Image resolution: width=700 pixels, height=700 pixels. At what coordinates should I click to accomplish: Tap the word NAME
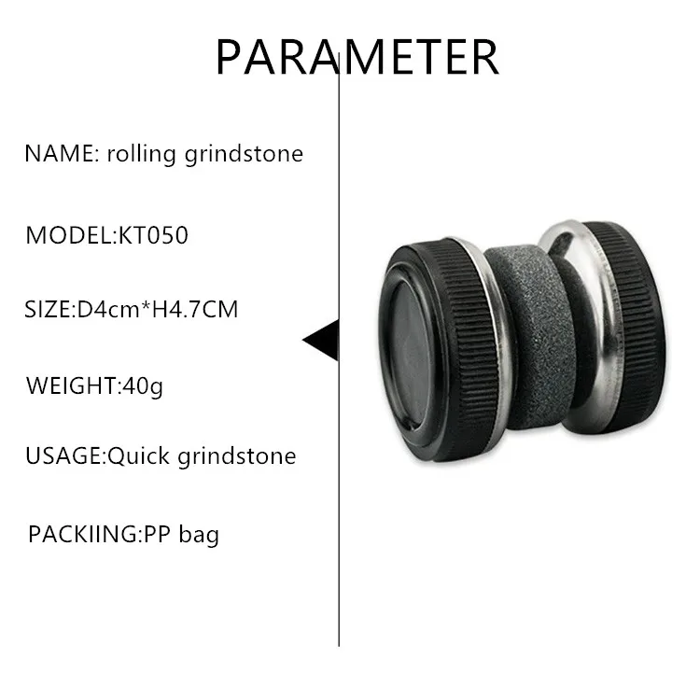[x=58, y=154]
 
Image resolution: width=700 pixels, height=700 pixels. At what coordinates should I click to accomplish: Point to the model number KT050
[x=153, y=235]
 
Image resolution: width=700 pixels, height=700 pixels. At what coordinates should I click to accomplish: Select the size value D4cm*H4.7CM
[x=156, y=309]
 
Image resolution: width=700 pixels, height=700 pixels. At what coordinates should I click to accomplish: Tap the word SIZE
[x=46, y=309]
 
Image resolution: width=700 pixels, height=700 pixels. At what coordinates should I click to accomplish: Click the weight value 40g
[x=143, y=385]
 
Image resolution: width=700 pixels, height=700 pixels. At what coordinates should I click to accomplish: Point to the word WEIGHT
[x=70, y=385]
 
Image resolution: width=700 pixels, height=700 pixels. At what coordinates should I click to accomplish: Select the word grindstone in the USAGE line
[x=237, y=456]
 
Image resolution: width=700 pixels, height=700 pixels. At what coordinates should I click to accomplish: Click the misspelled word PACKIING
[x=82, y=535]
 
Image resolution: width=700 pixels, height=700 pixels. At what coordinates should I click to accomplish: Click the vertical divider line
[x=338, y=513]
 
